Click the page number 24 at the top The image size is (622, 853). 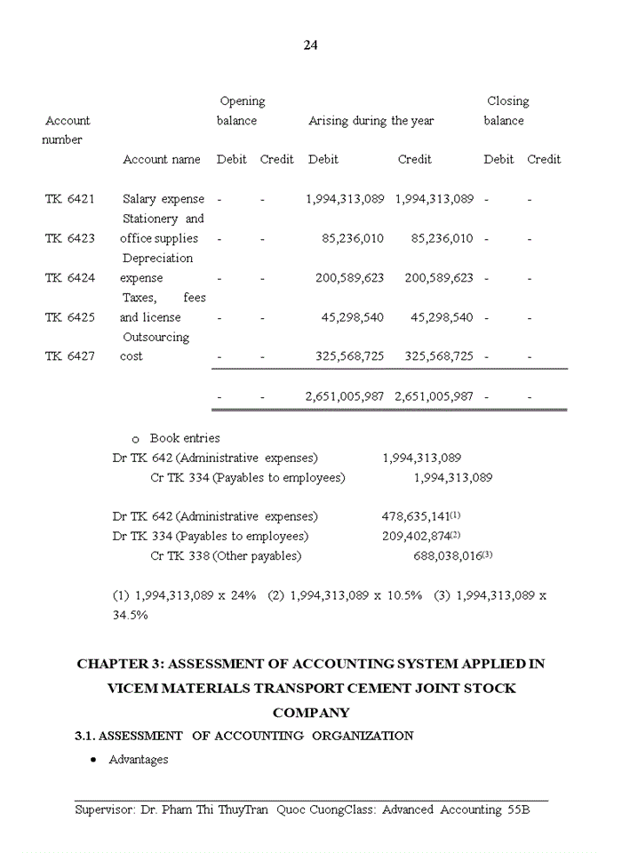310,45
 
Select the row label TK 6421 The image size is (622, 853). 69,199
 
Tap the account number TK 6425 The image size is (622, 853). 69,317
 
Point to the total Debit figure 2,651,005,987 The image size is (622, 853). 345,396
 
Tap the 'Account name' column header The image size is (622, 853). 161,159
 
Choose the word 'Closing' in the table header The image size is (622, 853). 507,101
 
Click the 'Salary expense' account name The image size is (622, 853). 163,199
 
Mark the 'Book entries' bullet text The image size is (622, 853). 185,438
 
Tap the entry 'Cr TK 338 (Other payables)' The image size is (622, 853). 226,556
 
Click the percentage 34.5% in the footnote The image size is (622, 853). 130,614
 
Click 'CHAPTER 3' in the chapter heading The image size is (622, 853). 118,664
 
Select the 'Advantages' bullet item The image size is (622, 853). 138,760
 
